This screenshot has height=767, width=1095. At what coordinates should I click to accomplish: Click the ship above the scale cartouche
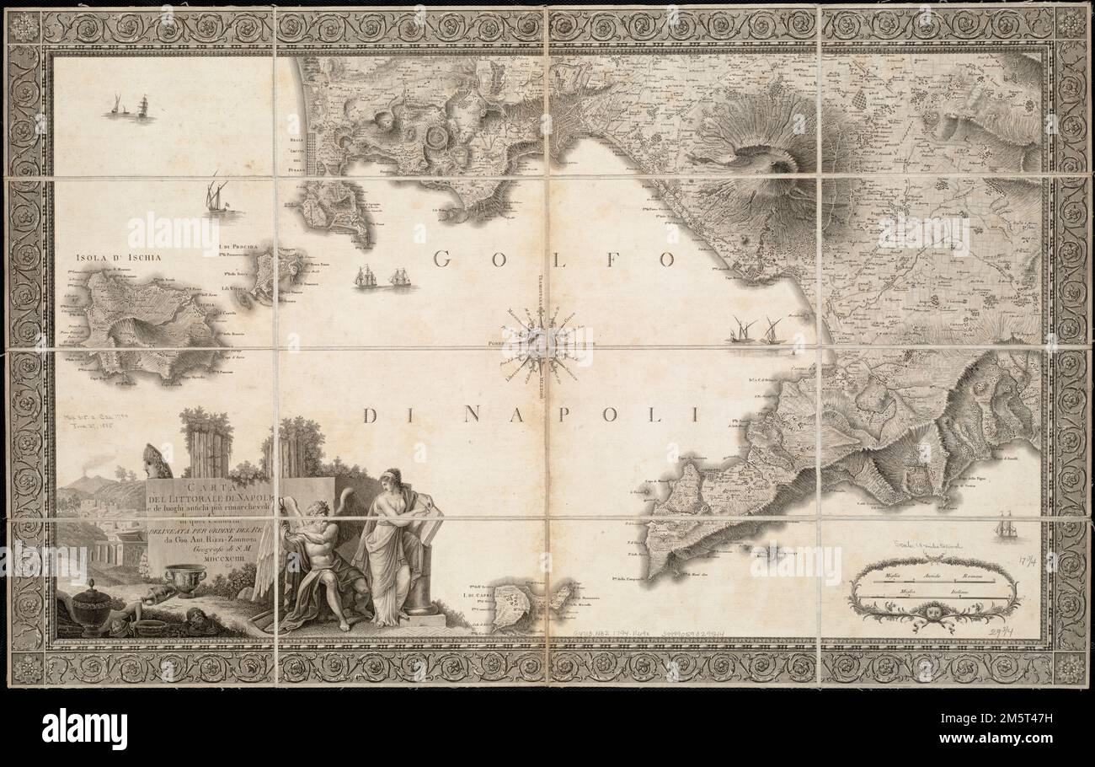pyautogui.click(x=1005, y=528)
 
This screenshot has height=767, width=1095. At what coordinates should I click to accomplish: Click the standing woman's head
pyautogui.click(x=392, y=479)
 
